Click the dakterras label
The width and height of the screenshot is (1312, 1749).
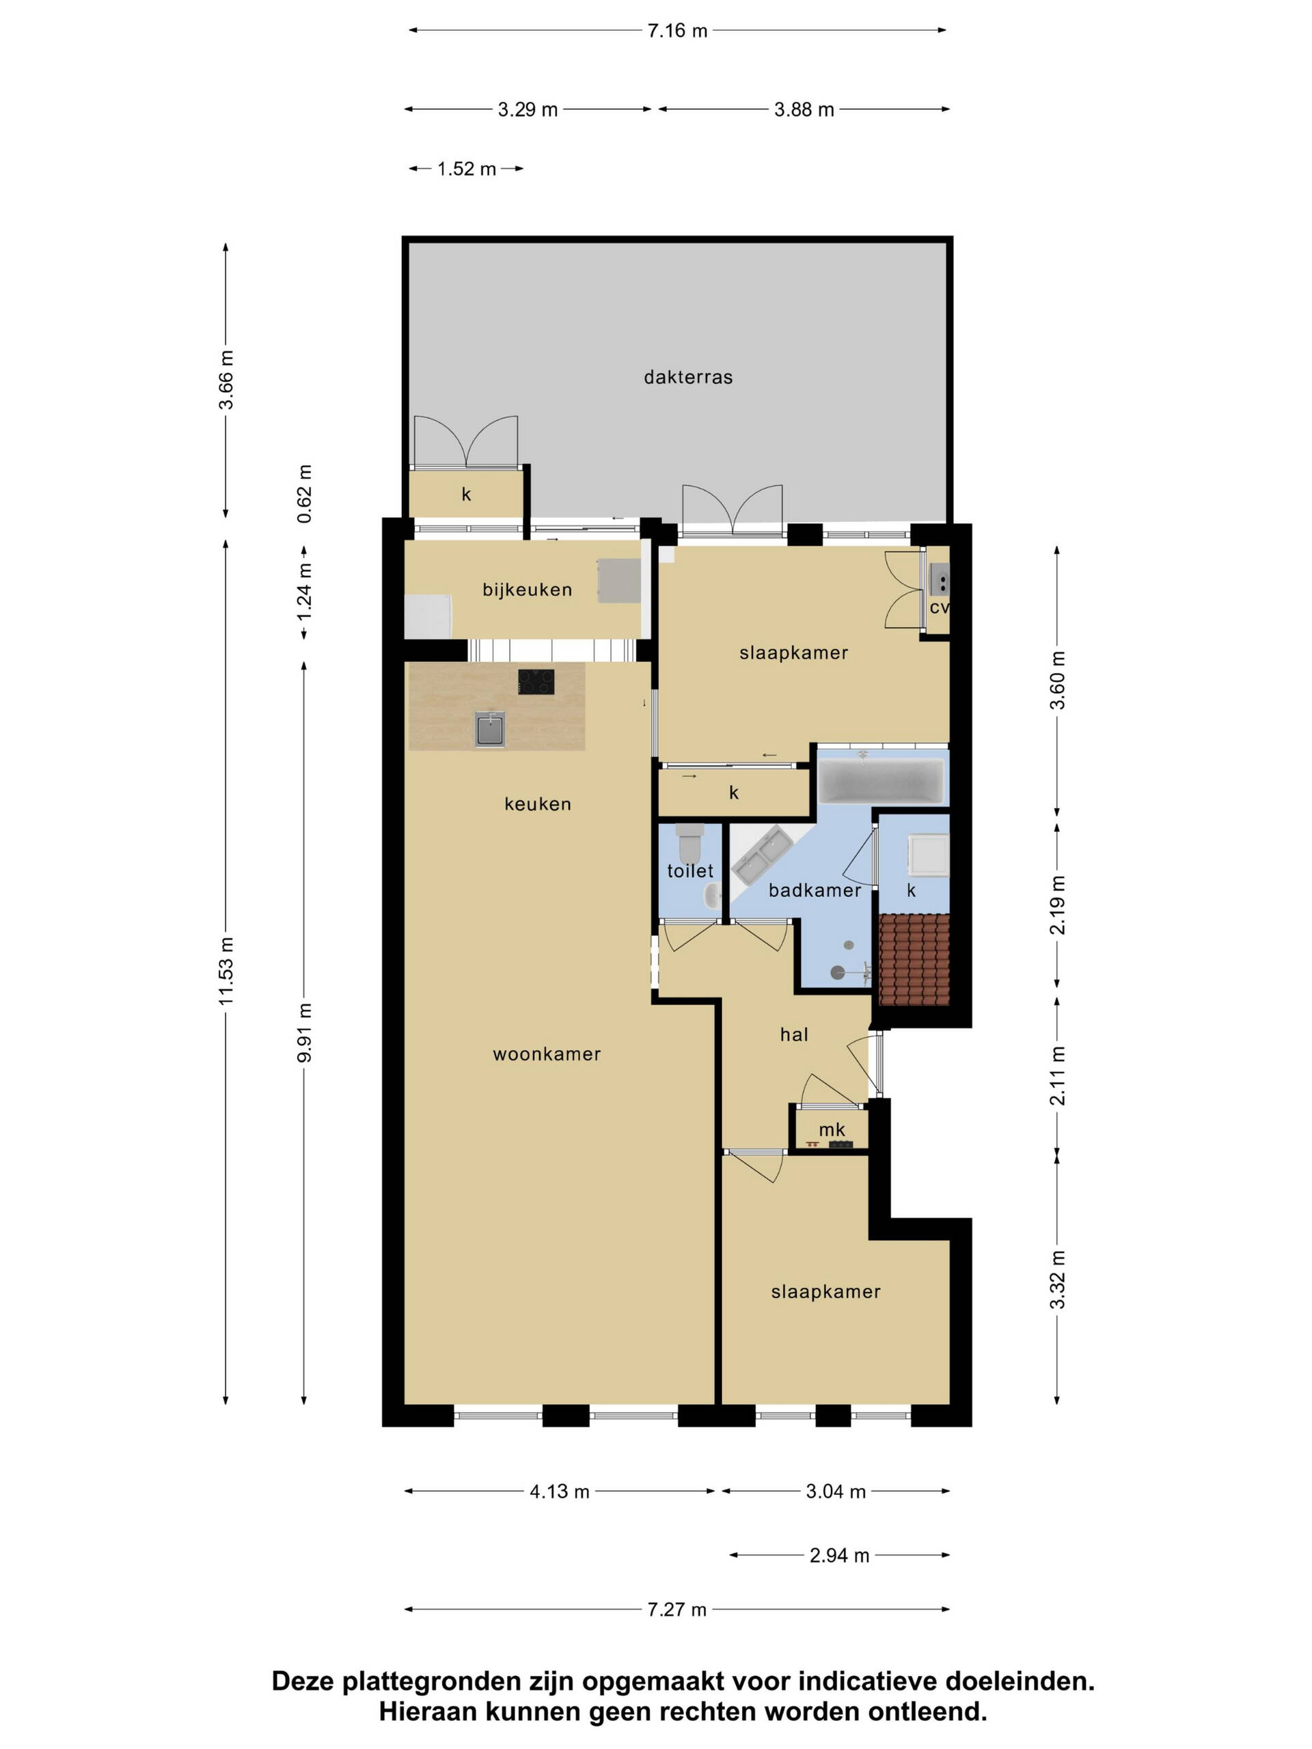pos(688,377)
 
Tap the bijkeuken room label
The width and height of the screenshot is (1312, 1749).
pos(528,590)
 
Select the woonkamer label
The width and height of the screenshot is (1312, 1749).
pos(547,1054)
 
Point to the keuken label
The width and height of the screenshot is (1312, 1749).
pos(538,804)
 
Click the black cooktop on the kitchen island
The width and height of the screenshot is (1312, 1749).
pos(536,682)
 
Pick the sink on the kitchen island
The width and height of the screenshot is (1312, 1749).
pos(491,729)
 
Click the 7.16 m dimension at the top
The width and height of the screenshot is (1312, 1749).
pos(678,31)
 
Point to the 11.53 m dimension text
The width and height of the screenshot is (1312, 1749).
pos(227,972)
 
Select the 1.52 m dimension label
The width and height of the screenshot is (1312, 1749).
pos(467,169)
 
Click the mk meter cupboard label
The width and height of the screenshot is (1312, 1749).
pos(832,1131)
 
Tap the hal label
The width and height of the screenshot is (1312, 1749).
pos(794,1034)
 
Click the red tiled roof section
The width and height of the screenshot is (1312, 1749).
pos(914,959)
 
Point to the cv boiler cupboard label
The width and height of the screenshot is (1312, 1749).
pos(940,608)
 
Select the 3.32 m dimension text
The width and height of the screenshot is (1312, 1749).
pos(1058,1280)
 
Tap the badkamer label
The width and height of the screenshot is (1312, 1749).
pos(815,890)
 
